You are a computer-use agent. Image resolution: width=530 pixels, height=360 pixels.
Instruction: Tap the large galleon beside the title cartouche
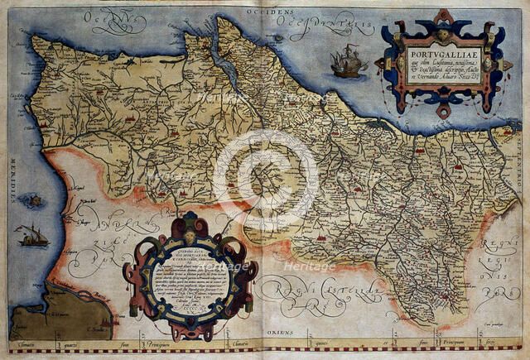(x=347, y=61)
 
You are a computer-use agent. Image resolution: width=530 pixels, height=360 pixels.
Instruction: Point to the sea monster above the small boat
(x=32, y=199)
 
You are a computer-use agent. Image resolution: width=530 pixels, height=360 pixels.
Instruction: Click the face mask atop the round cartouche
(x=191, y=222)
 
